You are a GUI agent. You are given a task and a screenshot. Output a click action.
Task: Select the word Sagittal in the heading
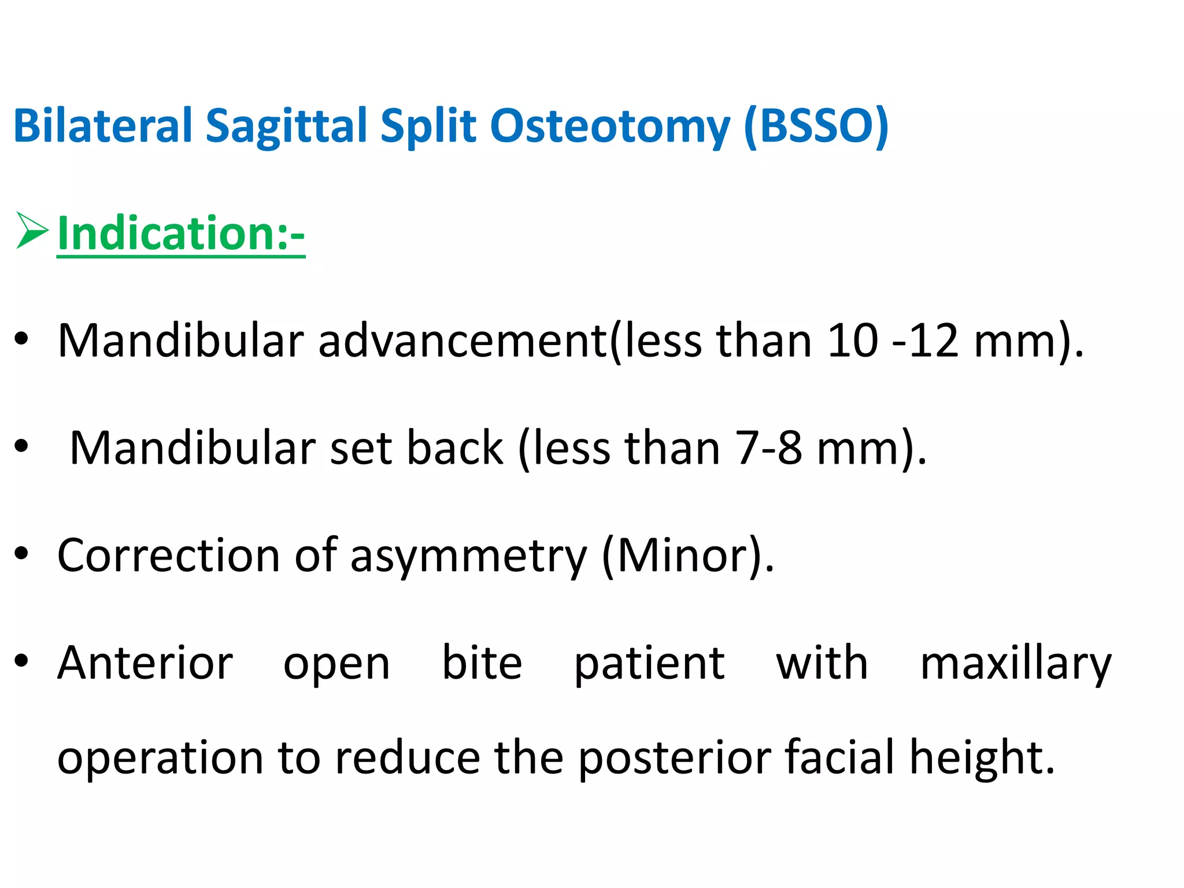pyautogui.click(x=286, y=127)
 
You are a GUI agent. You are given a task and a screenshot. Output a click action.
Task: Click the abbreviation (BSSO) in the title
pyautogui.click(x=816, y=125)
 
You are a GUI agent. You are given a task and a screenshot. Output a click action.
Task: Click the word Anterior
pyautogui.click(x=145, y=663)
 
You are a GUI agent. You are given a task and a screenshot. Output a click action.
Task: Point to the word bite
pyautogui.click(x=482, y=663)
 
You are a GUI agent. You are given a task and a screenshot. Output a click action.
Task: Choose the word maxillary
pyautogui.click(x=1016, y=664)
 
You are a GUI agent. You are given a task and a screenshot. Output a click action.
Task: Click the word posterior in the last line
pyautogui.click(x=675, y=758)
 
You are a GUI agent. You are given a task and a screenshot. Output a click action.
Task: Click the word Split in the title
pyautogui.click(x=428, y=127)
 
